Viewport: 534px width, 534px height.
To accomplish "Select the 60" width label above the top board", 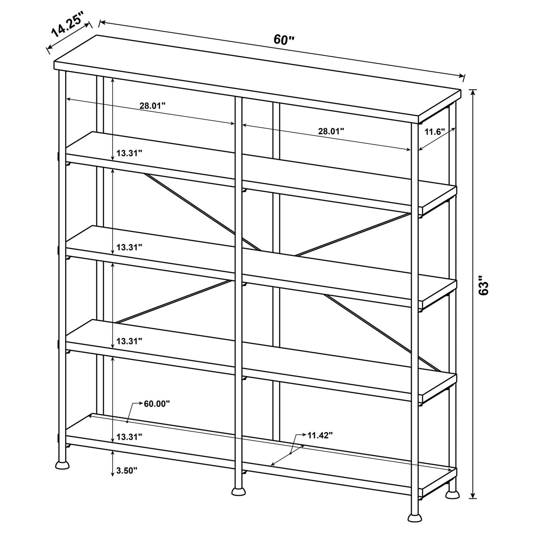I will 284,40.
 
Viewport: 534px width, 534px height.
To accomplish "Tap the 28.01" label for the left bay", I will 153,106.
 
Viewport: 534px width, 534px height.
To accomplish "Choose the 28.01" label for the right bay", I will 331,131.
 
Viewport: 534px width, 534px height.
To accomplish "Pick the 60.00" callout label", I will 157,404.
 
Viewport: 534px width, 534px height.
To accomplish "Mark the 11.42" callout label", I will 320,435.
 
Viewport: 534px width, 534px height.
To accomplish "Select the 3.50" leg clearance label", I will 127,471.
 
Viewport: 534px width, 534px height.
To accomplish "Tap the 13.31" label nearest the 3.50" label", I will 129,437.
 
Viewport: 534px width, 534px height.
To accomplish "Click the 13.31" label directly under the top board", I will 129,154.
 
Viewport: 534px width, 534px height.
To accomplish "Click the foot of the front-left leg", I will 62,464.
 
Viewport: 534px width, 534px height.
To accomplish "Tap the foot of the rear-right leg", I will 452,495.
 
